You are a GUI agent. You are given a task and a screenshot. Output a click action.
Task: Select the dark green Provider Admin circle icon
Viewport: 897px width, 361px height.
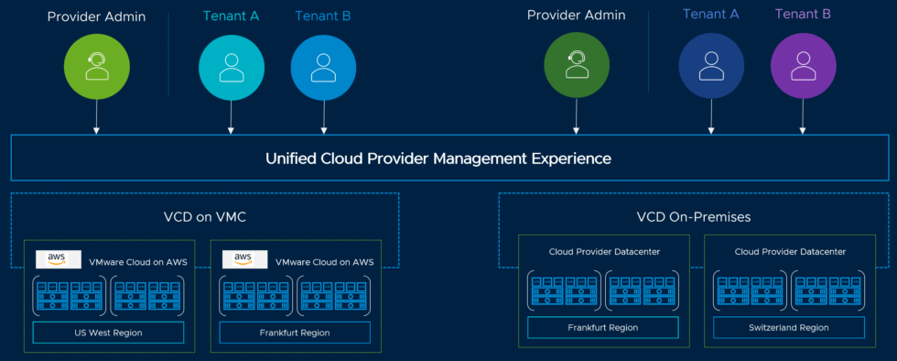[x=576, y=65]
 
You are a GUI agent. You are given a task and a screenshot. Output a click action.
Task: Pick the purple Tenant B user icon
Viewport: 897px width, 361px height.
[x=803, y=65]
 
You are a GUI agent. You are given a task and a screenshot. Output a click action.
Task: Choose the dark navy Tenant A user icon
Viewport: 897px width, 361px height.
[x=711, y=65]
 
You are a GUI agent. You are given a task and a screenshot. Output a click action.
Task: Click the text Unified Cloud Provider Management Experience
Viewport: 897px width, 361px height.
[x=438, y=159]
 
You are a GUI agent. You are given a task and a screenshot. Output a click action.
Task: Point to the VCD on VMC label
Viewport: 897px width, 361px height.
[x=204, y=217]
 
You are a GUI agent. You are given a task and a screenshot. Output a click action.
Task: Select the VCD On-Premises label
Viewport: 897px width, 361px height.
[x=693, y=217]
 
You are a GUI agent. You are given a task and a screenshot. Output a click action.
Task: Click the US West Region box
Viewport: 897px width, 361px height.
[x=108, y=332]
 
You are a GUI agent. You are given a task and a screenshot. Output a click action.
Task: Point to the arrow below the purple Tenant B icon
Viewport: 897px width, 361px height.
[x=803, y=115]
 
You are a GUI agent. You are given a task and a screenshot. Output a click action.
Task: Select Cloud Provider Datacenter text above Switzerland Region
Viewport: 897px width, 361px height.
[x=790, y=251]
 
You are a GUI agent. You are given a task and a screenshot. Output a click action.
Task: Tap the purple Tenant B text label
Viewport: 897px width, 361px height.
[x=803, y=15]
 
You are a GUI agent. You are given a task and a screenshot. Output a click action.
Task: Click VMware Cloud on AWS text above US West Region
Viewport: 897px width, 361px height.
[x=138, y=262]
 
